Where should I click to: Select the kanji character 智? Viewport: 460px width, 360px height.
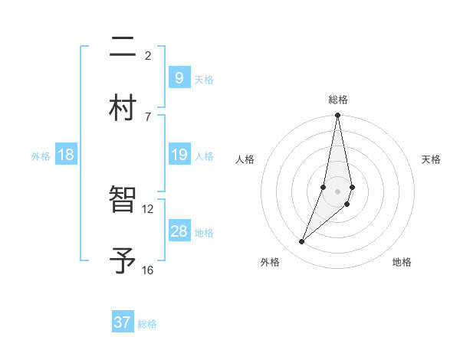click(123, 201)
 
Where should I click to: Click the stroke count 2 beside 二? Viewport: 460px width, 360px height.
click(148, 55)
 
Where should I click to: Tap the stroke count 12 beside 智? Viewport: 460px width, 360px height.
click(148, 208)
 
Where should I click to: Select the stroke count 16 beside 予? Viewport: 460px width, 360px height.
click(148, 270)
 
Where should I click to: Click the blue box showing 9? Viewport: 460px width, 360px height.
click(179, 77)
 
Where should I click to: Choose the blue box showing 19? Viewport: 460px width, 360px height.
click(179, 155)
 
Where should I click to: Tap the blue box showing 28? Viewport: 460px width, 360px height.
click(179, 231)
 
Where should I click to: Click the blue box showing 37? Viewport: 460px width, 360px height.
click(123, 322)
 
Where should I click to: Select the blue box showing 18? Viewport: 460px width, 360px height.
click(66, 155)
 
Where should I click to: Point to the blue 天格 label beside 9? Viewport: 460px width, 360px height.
click(204, 79)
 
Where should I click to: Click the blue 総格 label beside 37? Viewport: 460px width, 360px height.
click(147, 324)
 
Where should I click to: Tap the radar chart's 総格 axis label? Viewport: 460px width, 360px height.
click(338, 100)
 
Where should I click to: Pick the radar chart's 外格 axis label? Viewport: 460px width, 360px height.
click(269, 263)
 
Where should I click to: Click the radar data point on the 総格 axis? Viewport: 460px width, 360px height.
click(337, 116)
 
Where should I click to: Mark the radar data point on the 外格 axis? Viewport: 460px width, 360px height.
click(301, 242)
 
